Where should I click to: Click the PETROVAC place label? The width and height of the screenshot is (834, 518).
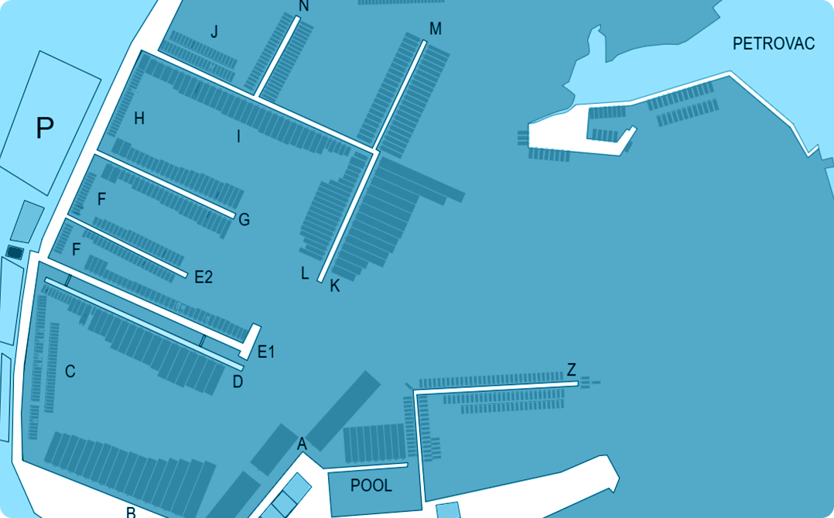click(x=774, y=43)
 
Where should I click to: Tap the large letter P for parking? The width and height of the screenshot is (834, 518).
click(x=45, y=128)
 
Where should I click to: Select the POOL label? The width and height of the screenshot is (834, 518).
click(x=371, y=485)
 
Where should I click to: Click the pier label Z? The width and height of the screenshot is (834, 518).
click(x=571, y=369)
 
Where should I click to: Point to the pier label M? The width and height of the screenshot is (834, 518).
click(x=435, y=29)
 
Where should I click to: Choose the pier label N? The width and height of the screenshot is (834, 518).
click(x=304, y=6)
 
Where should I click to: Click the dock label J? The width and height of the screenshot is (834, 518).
click(x=214, y=32)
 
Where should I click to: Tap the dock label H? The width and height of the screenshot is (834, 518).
click(x=139, y=118)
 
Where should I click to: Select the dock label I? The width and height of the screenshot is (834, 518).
click(x=238, y=137)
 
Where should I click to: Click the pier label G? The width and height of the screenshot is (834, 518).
click(x=244, y=219)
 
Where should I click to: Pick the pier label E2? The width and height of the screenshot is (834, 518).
click(x=203, y=277)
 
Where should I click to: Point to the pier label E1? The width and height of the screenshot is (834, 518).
click(x=266, y=352)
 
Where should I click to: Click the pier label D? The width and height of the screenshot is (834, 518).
click(x=238, y=382)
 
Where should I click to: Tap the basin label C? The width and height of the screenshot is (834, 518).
click(x=70, y=371)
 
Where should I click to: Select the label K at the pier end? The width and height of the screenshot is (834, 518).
click(x=334, y=286)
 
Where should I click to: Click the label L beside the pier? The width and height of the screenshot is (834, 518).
click(x=305, y=273)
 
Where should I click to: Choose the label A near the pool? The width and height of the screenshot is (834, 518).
click(x=302, y=444)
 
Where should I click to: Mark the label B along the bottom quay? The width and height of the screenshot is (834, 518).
click(x=131, y=512)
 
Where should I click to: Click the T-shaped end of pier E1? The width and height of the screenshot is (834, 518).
click(x=250, y=341)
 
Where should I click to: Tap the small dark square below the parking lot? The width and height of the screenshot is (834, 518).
click(x=15, y=252)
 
